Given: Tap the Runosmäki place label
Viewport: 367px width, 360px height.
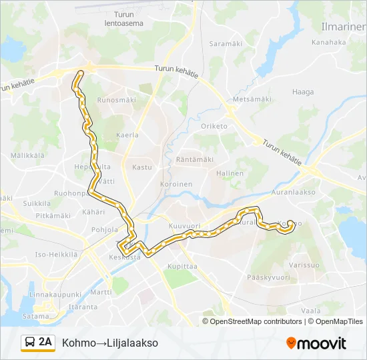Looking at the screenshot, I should click(116, 100).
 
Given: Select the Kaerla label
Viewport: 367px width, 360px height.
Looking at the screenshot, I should click(127, 135).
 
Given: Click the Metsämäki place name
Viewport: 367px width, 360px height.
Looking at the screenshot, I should click(252, 99).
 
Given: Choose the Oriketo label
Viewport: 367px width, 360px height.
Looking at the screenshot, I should click(214, 126).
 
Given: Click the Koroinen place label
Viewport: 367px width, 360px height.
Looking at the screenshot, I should click(176, 184).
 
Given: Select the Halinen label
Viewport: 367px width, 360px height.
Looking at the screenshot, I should click(230, 173).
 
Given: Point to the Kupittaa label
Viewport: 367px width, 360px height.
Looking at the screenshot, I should click(181, 266).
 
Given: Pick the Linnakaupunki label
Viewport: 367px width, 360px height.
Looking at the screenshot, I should click(55, 294).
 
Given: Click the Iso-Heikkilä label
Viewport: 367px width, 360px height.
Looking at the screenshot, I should click(56, 254).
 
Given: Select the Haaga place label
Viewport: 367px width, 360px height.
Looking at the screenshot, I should click(302, 92).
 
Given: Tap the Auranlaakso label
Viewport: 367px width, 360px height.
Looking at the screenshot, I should click(293, 191).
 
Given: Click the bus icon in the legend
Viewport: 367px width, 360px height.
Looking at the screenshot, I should click(30, 343).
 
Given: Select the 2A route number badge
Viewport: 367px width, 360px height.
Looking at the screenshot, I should click(45, 343).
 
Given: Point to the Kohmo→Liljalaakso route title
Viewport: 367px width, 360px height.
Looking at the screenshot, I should click(110, 343).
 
